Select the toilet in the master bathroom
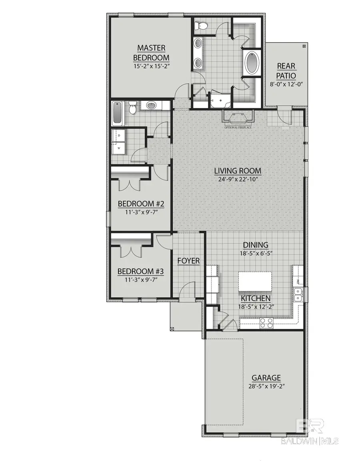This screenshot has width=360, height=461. click(200, 26)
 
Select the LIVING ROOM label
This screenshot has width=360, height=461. click(238, 171)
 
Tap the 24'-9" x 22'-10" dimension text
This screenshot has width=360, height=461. click(238, 180)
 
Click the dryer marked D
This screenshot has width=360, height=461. click(119, 136)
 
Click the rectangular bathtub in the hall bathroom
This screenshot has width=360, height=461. click(118, 113)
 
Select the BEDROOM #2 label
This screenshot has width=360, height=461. click(138, 204)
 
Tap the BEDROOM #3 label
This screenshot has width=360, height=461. click(138, 271)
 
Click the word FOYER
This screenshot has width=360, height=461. click(188, 261)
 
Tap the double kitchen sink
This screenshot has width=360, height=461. click(298, 295)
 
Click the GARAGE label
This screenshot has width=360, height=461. click(266, 377)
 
